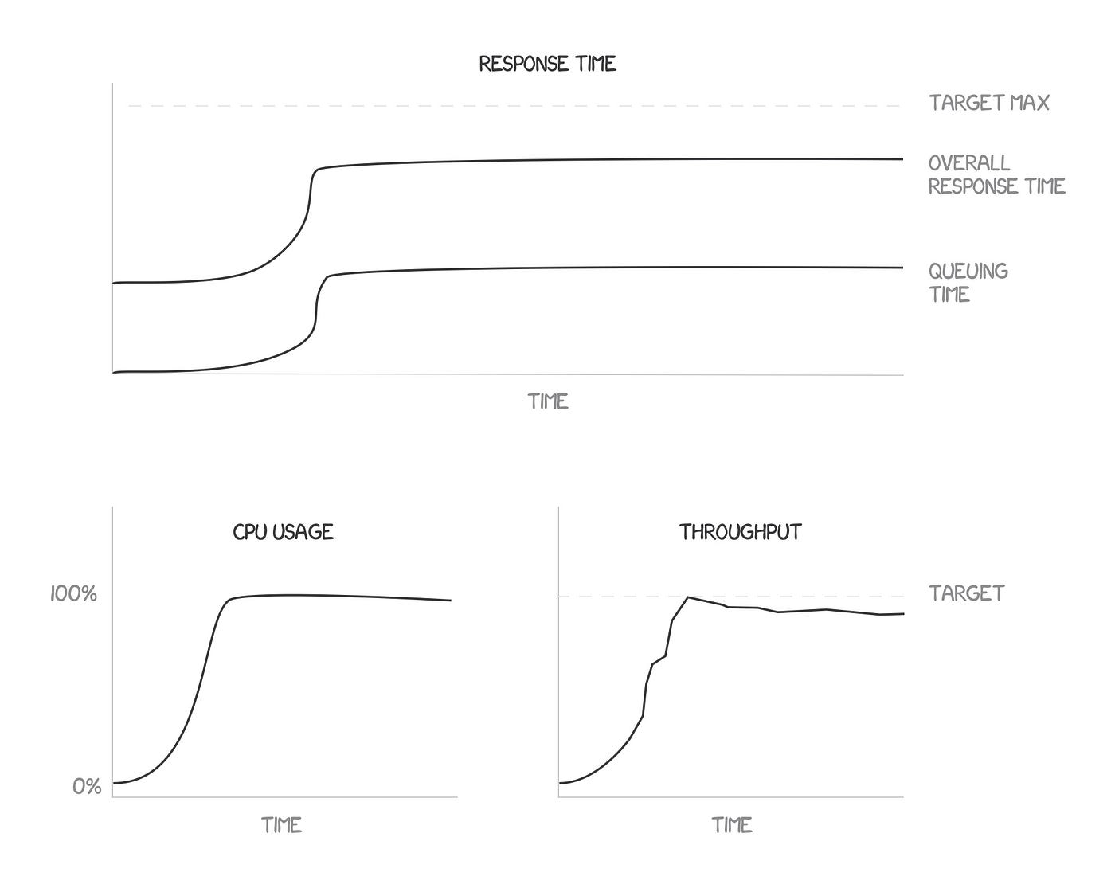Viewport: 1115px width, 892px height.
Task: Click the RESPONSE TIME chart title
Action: click(x=547, y=64)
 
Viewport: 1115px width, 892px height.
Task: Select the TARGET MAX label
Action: click(x=988, y=103)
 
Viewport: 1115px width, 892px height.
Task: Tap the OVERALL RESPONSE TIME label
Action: click(x=996, y=174)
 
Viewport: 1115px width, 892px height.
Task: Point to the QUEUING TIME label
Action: click(x=967, y=283)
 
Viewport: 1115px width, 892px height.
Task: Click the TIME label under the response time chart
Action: click(x=548, y=401)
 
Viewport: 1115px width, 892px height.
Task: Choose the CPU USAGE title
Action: click(x=283, y=532)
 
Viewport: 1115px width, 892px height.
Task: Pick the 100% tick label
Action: click(x=73, y=593)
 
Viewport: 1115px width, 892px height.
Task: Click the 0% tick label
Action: click(x=87, y=787)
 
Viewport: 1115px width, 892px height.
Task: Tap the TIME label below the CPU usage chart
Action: click(x=281, y=825)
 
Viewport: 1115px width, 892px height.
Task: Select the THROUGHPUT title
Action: click(x=740, y=532)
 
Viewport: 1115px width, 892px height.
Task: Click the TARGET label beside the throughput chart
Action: click(x=966, y=593)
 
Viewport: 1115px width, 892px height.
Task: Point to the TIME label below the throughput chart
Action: click(x=732, y=825)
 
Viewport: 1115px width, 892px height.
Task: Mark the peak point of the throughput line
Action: click(x=687, y=597)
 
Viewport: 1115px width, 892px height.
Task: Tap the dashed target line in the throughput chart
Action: click(x=796, y=596)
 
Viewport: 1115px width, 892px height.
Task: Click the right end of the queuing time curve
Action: click(x=902, y=268)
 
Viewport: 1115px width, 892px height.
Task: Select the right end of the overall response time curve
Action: click(x=902, y=159)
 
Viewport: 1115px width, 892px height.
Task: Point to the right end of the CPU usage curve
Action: click(x=450, y=601)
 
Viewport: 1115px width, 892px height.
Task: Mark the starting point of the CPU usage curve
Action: click(x=114, y=783)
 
